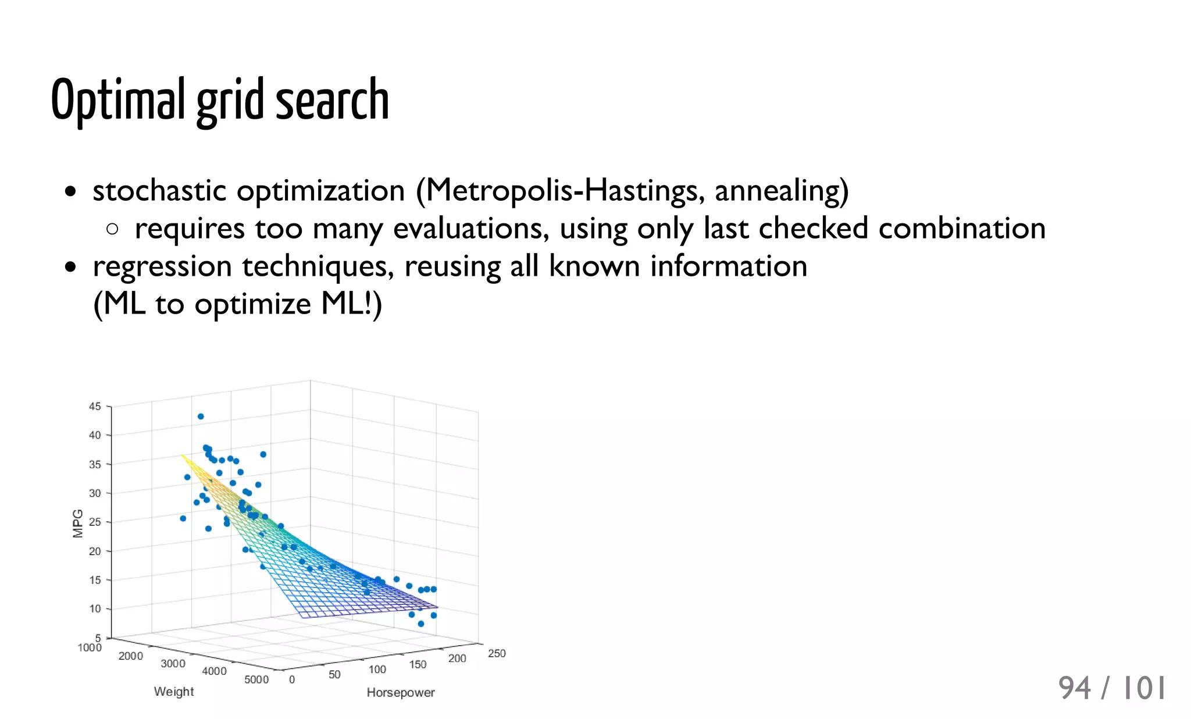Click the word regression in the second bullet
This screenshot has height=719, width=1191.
162,266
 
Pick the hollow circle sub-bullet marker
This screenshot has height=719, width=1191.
112,229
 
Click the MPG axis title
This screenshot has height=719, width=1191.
78,523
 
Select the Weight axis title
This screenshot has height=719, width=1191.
174,691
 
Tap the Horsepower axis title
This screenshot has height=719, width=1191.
401,692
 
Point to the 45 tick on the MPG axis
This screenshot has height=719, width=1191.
95,406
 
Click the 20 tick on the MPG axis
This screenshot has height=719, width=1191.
95,550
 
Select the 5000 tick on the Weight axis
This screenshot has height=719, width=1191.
256,679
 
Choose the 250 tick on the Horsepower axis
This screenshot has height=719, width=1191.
497,653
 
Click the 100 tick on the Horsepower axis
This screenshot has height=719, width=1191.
377,670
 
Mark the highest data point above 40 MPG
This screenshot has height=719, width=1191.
201,417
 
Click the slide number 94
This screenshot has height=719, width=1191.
1075,688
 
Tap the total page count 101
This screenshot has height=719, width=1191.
1143,688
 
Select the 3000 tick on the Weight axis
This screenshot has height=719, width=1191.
173,663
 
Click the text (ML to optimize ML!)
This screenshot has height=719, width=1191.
237,304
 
